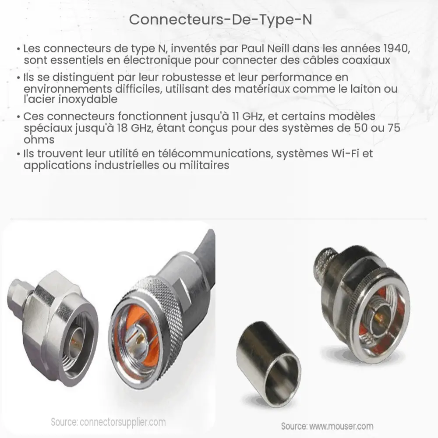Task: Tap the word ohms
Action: (x=39, y=140)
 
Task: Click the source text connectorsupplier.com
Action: (x=122, y=422)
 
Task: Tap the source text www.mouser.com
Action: (x=341, y=426)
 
